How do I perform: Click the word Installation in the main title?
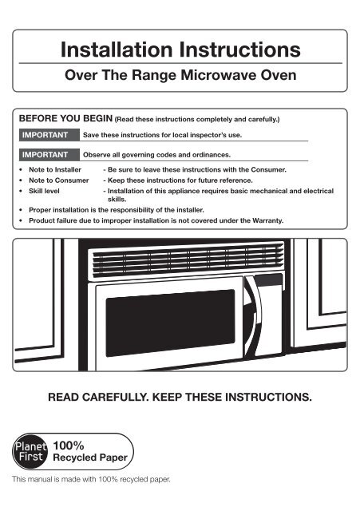[117, 50]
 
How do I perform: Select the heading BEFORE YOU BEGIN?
[65, 118]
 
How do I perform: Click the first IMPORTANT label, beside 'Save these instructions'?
[45, 135]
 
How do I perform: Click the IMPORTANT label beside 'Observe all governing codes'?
[45, 154]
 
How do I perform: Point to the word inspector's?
[208, 135]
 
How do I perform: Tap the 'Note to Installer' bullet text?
[55, 169]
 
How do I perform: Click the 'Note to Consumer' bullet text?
[58, 180]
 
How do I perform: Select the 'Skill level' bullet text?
[44, 191]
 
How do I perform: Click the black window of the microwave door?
[170, 323]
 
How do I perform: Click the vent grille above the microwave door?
[187, 260]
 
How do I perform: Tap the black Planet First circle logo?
[30, 451]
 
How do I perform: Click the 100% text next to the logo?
[69, 446]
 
